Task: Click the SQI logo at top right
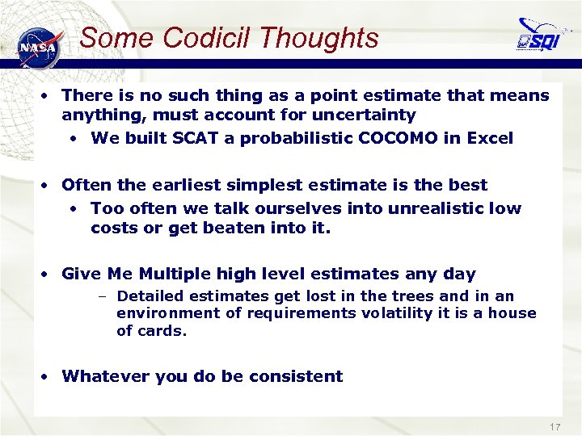539,36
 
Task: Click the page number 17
555,426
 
